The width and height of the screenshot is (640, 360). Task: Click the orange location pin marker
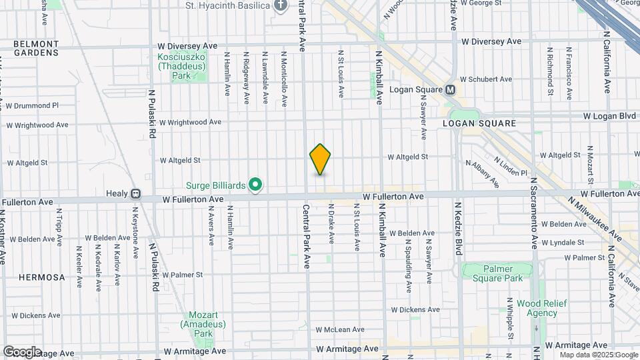coord(320,159)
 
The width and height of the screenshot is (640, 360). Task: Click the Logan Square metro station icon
coord(451,90)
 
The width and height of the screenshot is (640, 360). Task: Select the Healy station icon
coord(135,194)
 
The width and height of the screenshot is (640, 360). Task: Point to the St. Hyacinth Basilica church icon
coord(281,6)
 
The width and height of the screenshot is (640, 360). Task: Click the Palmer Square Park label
coord(493,273)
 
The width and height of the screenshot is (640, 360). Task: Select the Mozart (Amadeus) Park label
coord(199,324)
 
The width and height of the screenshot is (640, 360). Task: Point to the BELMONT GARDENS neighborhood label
coord(36,48)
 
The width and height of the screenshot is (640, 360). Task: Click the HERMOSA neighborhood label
coord(42,277)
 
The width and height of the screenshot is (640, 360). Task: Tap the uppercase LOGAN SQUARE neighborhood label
coord(479,123)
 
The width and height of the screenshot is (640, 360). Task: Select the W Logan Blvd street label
coord(609,115)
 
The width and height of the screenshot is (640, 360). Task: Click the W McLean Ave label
coord(340,329)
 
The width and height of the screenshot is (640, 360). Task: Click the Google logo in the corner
coord(21,352)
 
